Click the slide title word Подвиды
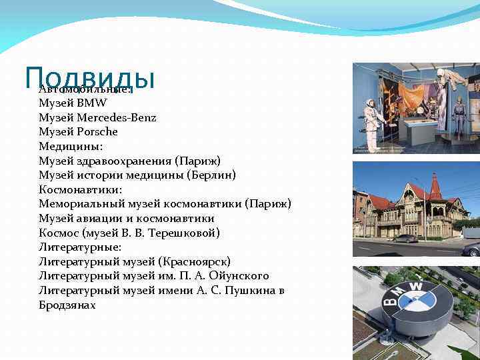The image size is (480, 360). tap(89, 77)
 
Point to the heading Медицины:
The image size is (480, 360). tap(71, 146)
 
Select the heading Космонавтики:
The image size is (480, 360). tap(81, 189)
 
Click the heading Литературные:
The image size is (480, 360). tap(79, 247)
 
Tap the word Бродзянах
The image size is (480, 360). tap(67, 305)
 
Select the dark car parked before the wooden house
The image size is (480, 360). tap(405, 238)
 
